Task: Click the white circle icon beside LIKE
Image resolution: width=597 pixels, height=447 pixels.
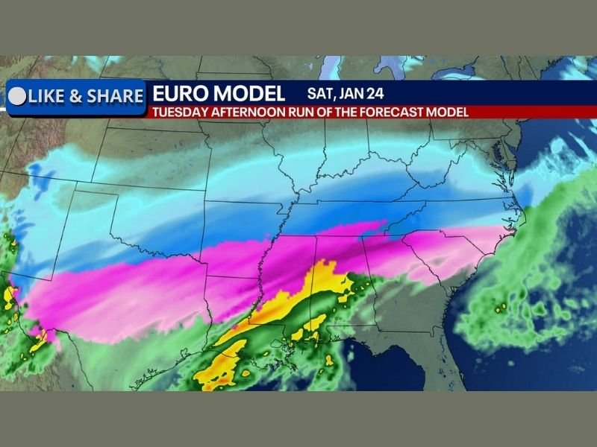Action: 16,96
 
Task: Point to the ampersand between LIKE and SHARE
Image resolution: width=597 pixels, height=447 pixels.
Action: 77,96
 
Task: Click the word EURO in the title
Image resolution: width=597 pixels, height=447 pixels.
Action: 177,94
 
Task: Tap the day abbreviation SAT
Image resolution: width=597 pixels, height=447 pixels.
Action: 322,94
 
